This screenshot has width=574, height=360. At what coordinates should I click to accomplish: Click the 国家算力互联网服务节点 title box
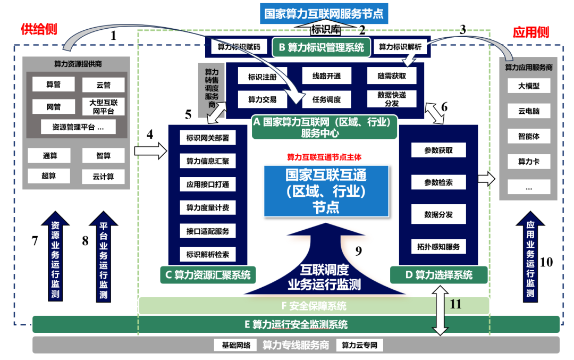(324, 13)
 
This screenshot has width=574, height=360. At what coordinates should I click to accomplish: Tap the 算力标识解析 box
(400, 47)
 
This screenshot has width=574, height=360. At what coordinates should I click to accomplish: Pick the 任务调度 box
(326, 99)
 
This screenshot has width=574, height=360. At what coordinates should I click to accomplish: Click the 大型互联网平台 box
(103, 107)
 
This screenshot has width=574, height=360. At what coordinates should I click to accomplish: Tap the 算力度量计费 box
(207, 207)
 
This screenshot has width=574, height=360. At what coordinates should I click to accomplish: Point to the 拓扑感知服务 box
(438, 246)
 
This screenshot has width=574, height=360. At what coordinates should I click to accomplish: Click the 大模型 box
(528, 86)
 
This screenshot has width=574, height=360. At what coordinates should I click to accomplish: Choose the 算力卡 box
(528, 161)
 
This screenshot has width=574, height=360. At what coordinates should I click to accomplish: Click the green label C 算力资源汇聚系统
(207, 275)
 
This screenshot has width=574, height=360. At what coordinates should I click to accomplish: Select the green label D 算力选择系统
(438, 275)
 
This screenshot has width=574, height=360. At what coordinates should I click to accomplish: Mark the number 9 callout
(358, 251)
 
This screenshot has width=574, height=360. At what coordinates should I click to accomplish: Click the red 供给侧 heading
(38, 29)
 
